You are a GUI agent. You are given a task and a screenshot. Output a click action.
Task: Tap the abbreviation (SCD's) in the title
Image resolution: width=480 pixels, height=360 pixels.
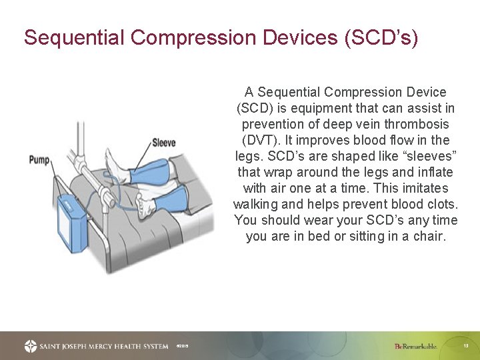381,37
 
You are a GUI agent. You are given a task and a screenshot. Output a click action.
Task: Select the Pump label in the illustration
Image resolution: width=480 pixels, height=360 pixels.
39,160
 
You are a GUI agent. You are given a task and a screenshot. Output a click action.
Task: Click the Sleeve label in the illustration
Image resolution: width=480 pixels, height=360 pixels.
163,143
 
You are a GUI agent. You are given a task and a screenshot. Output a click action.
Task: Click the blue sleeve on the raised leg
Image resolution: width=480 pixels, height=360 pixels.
151,171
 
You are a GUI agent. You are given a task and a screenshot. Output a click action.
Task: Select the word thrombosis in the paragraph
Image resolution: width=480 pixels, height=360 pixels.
418,124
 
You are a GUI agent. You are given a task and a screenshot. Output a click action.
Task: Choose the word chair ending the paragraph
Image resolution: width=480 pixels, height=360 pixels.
429,236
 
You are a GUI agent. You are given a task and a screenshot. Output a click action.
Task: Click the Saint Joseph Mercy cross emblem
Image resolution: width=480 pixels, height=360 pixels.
31,346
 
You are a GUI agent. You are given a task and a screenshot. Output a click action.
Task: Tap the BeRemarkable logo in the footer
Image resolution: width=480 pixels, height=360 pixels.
415,346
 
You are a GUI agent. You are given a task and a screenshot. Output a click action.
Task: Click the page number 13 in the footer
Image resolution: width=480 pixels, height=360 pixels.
466,346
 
